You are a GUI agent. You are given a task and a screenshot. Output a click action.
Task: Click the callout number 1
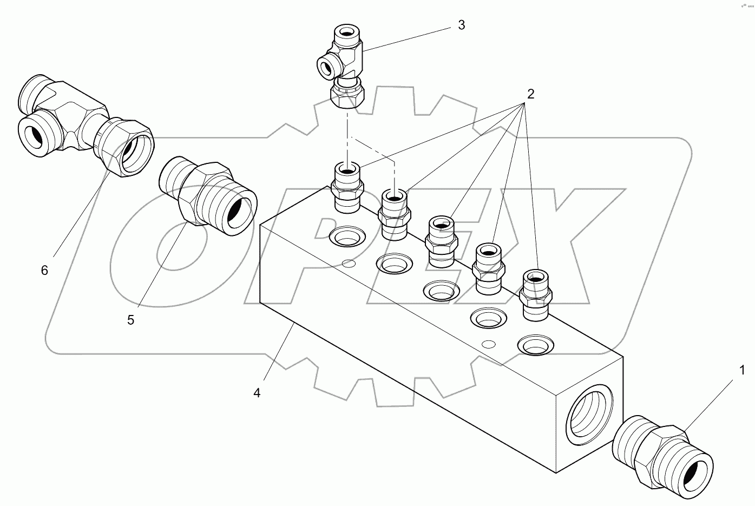pyautogui.click(x=742, y=370)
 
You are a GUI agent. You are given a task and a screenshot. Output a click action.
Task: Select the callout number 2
pyautogui.click(x=530, y=94)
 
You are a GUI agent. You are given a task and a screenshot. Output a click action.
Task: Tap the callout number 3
pyautogui.click(x=461, y=25)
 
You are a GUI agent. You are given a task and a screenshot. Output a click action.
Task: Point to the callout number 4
pyautogui.click(x=257, y=393)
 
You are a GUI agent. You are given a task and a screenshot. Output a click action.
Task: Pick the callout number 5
pyautogui.click(x=130, y=320)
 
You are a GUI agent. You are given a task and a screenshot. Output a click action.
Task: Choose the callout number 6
pyautogui.click(x=44, y=270)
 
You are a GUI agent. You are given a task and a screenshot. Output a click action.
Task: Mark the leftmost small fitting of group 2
pyautogui.click(x=346, y=187)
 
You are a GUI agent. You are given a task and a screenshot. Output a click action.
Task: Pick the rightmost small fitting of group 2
pyautogui.click(x=535, y=295)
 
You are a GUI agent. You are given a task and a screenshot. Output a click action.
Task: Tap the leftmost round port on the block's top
pyautogui.click(x=347, y=235)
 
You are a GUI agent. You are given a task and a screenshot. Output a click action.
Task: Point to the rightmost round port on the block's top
pyautogui.click(x=536, y=344)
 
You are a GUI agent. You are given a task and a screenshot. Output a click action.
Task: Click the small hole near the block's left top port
pyautogui.click(x=349, y=264)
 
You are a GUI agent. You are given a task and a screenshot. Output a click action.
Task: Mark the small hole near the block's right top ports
pyautogui.click(x=488, y=344)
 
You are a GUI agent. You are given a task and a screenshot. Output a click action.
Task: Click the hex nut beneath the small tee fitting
pyautogui.click(x=346, y=97)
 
